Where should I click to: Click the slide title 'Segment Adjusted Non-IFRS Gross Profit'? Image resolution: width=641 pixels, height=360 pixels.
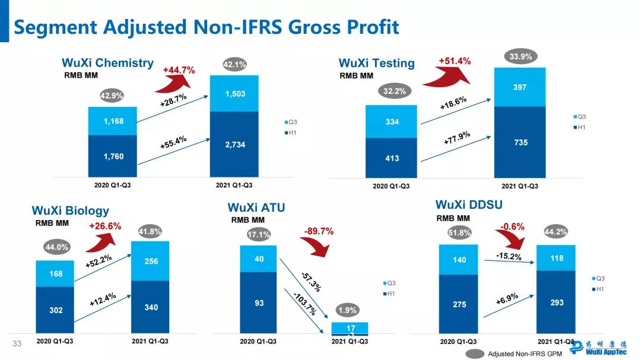tap(207, 27)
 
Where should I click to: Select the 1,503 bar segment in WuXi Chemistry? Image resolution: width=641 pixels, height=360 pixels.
tap(234, 94)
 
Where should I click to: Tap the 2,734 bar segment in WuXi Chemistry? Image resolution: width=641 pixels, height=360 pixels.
tap(234, 145)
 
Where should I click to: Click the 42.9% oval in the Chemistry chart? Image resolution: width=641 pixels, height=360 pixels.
tap(112, 95)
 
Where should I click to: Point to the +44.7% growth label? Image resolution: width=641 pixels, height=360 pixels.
tap(179, 70)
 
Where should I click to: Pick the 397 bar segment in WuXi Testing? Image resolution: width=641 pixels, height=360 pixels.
tap(519, 87)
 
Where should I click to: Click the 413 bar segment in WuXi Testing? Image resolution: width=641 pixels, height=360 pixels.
tap(392, 158)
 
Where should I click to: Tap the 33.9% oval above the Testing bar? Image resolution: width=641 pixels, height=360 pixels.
tap(521, 57)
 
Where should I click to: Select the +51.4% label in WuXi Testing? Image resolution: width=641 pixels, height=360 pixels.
tap(455, 61)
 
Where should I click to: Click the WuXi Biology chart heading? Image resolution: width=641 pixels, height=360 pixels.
tap(71, 211)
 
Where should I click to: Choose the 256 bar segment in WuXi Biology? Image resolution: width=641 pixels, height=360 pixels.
tap(151, 261)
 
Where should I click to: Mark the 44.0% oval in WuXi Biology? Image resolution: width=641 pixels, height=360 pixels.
tap(57, 247)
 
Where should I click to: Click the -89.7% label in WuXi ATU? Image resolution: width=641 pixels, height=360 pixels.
tap(319, 231)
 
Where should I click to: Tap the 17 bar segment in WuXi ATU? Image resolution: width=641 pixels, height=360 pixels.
tap(350, 327)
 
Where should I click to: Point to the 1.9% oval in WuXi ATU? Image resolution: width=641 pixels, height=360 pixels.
tap(348, 310)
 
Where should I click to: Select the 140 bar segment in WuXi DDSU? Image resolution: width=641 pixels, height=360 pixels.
tap(459, 260)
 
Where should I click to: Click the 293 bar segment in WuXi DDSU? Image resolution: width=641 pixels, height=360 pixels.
tap(556, 302)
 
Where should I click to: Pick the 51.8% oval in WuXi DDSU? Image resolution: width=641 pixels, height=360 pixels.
tap(459, 233)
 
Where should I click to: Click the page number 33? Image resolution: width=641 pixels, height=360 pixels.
tap(17, 344)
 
